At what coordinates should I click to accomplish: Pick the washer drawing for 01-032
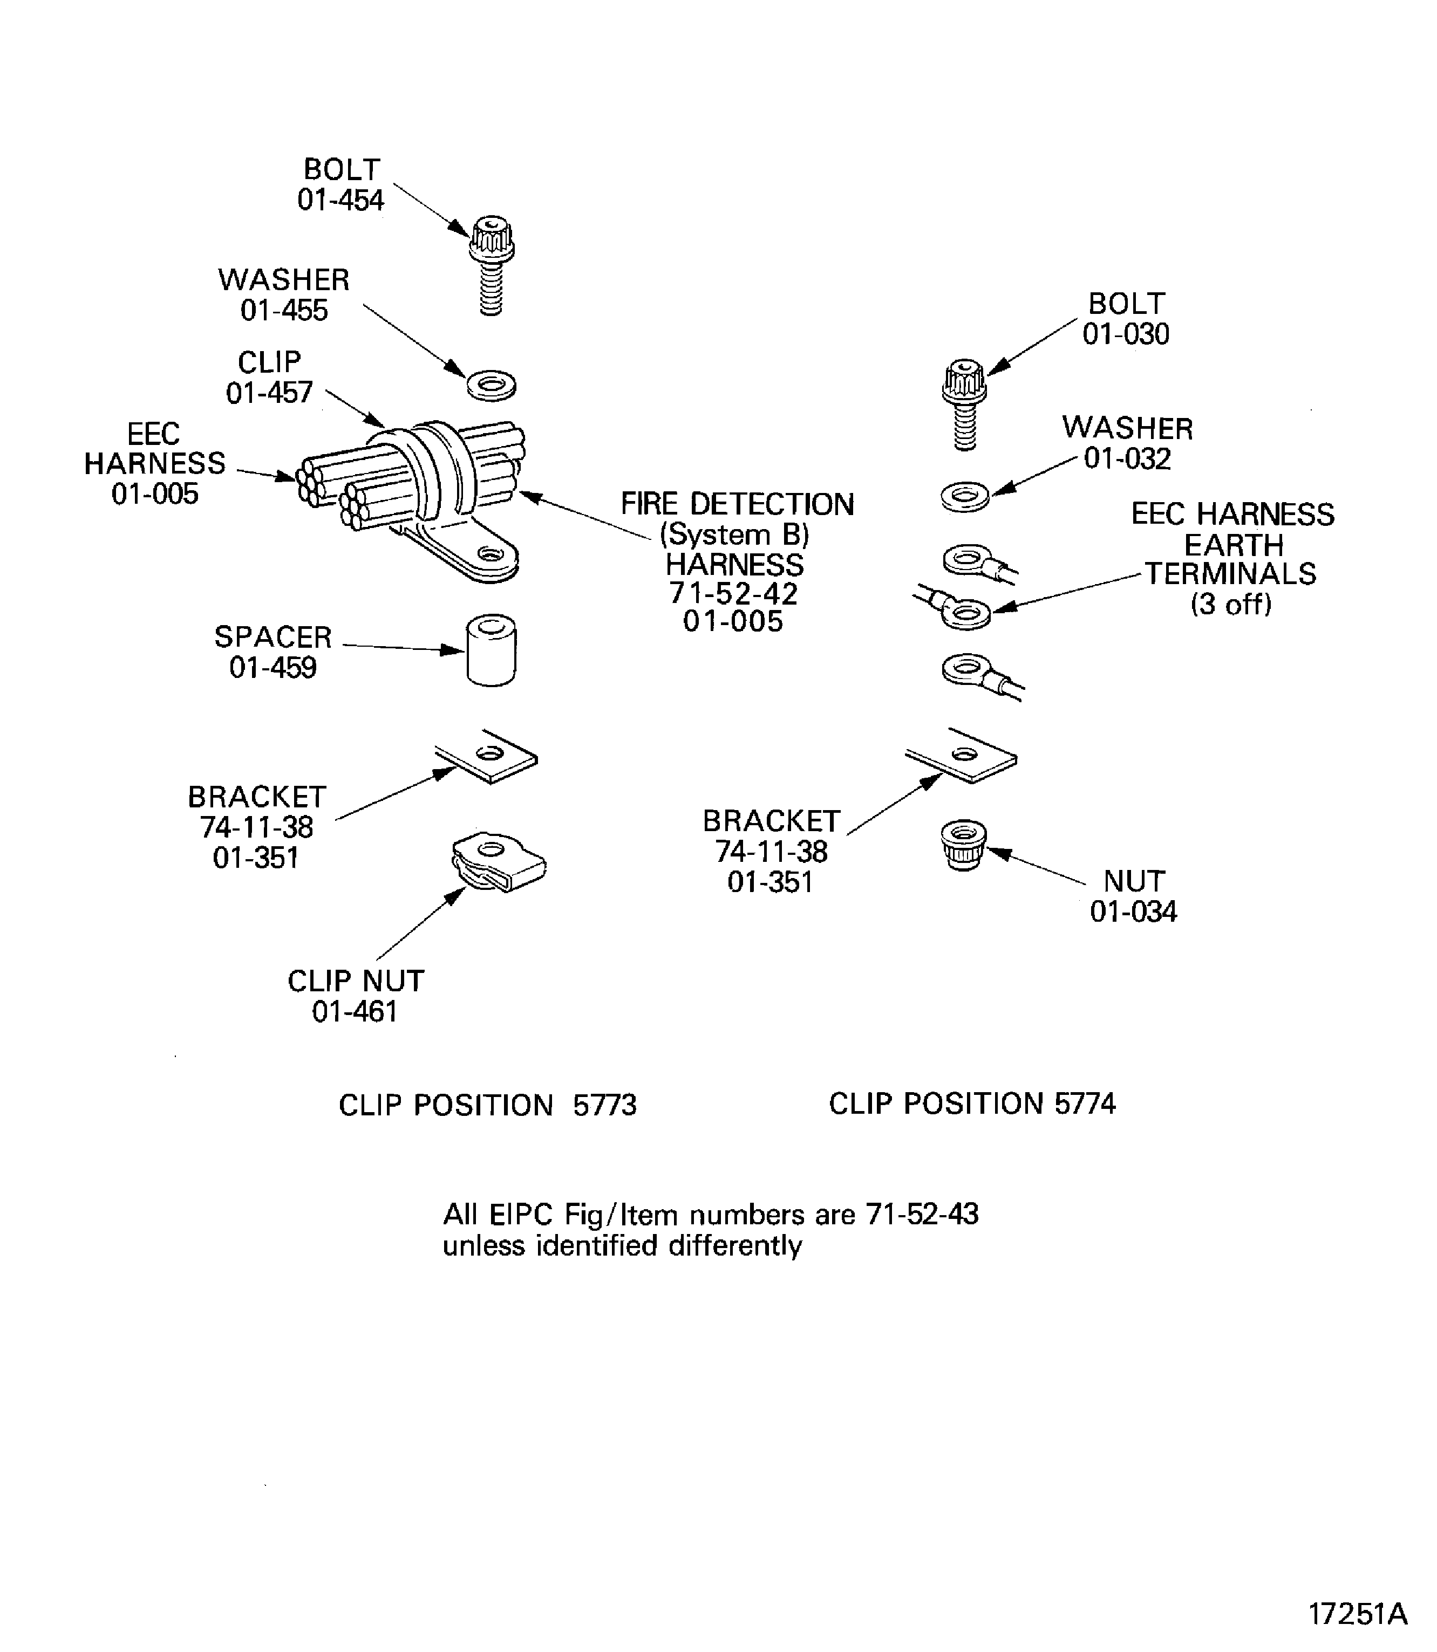click(x=965, y=496)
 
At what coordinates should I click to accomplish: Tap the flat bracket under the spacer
click(x=487, y=756)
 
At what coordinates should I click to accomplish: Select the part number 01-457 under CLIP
click(x=269, y=393)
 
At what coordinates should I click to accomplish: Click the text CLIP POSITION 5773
click(x=488, y=1105)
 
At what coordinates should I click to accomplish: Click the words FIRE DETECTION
click(x=738, y=504)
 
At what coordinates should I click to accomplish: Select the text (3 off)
click(x=1231, y=604)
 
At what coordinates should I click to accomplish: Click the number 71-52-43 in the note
click(x=922, y=1215)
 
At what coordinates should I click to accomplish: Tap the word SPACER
click(x=273, y=638)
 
